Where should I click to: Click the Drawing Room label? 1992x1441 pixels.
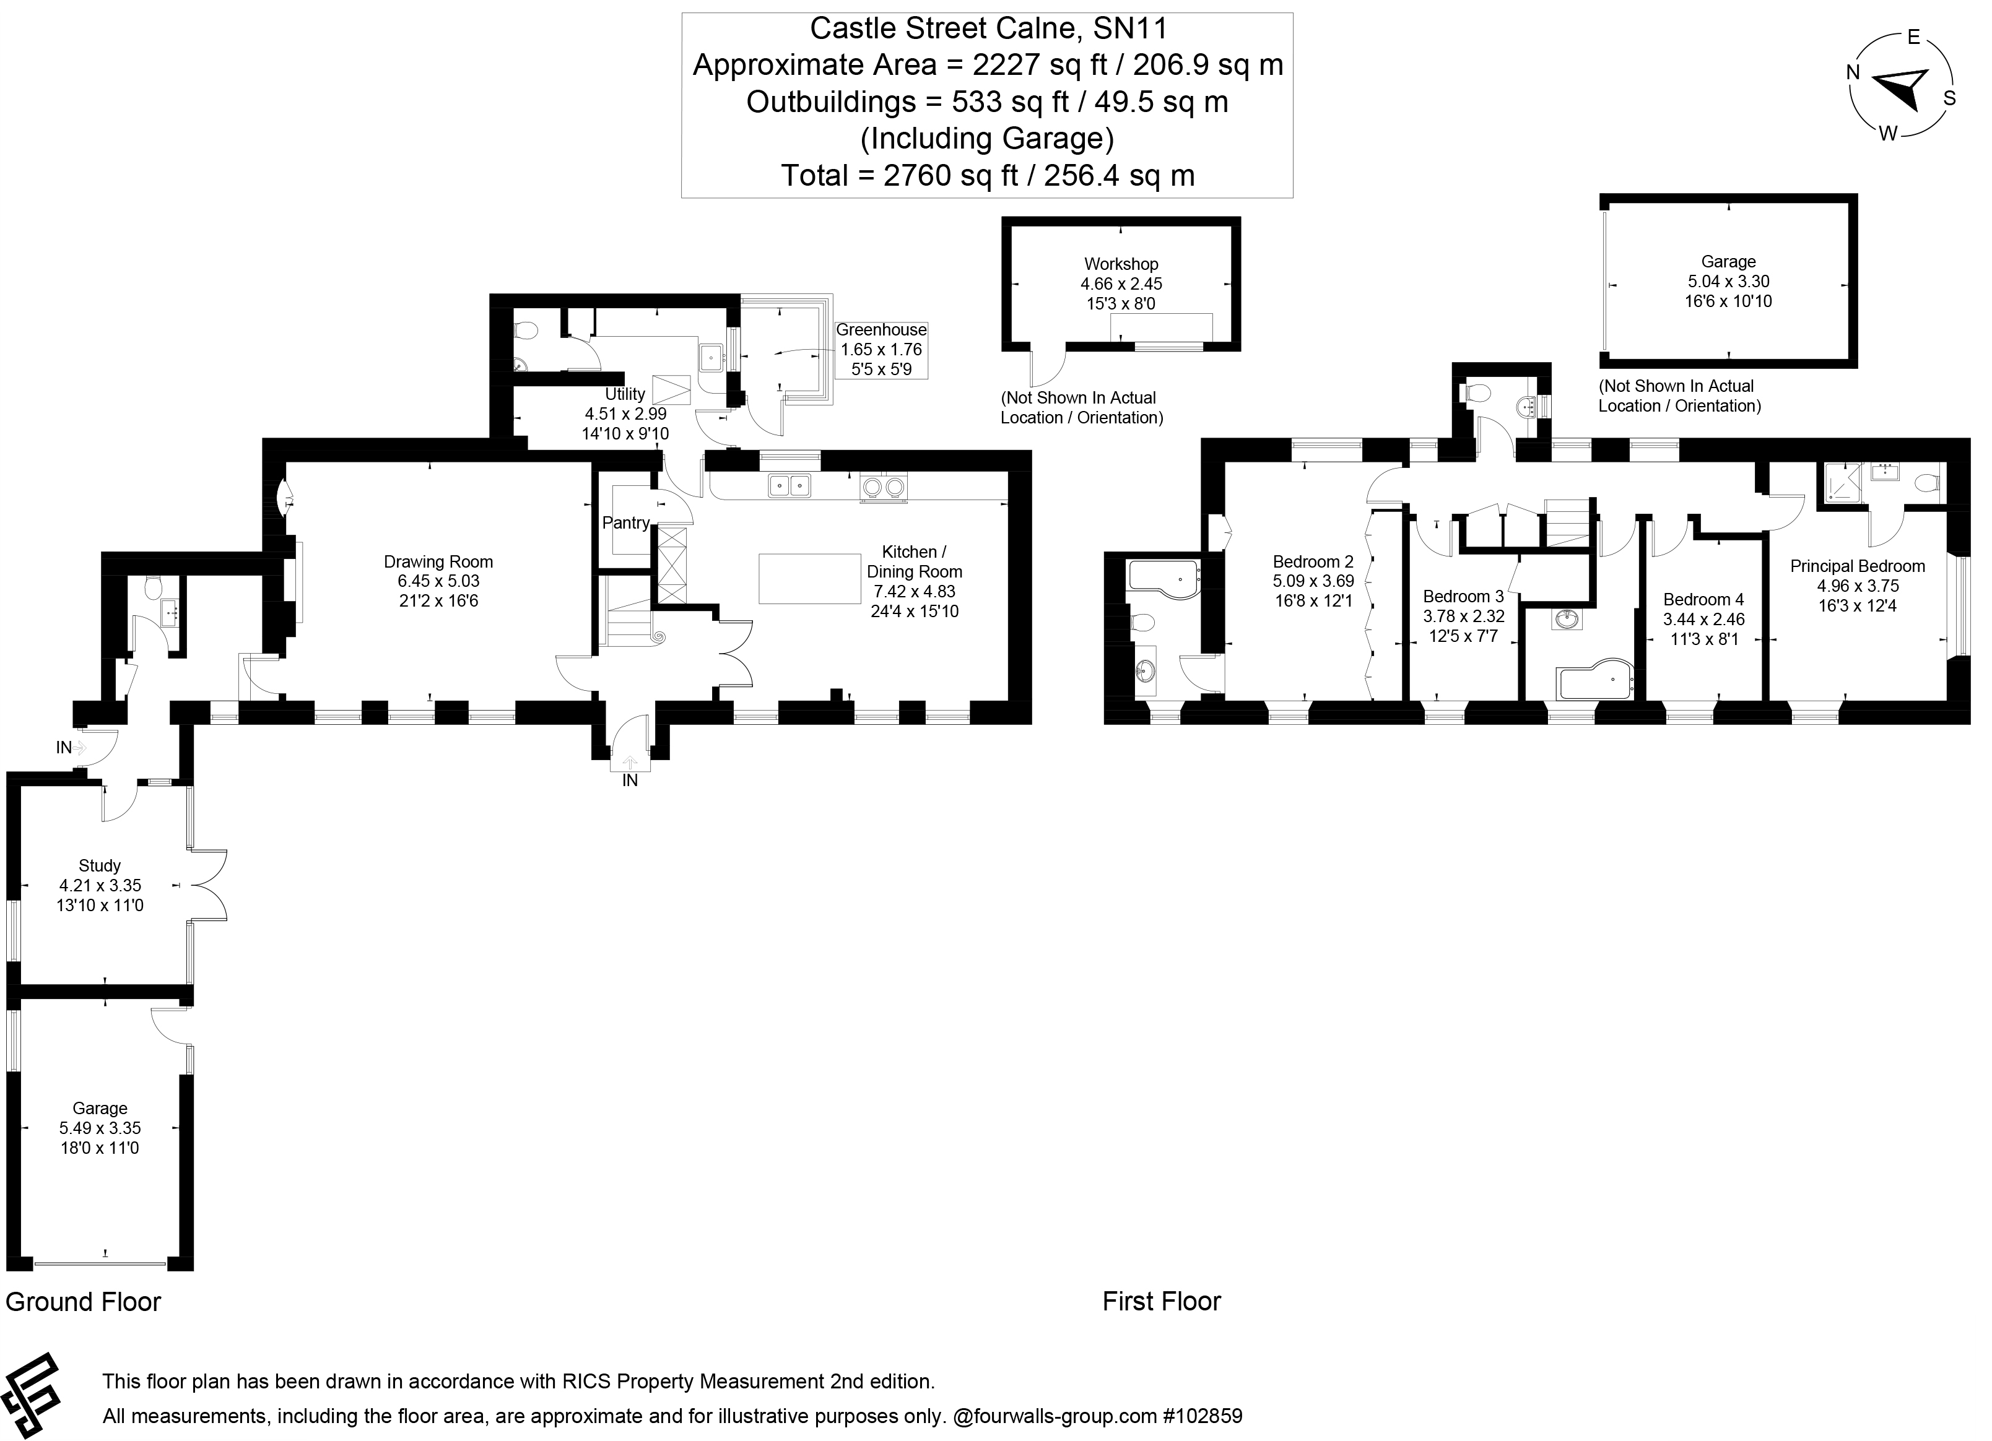pos(438,562)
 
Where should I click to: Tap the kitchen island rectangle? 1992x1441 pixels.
pos(809,579)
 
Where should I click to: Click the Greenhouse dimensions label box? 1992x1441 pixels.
pos(881,350)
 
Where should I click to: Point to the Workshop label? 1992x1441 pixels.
pos(1121,264)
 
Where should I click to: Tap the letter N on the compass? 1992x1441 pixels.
pos(1853,73)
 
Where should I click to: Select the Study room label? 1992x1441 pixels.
pos(99,866)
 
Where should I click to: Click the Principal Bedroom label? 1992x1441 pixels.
pos(1857,566)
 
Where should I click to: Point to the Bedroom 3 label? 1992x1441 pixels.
pos(1463,596)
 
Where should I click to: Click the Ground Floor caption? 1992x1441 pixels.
pos(84,1301)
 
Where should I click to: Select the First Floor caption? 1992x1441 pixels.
pos(1161,1301)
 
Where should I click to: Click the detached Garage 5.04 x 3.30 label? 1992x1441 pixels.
pos(1728,281)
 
